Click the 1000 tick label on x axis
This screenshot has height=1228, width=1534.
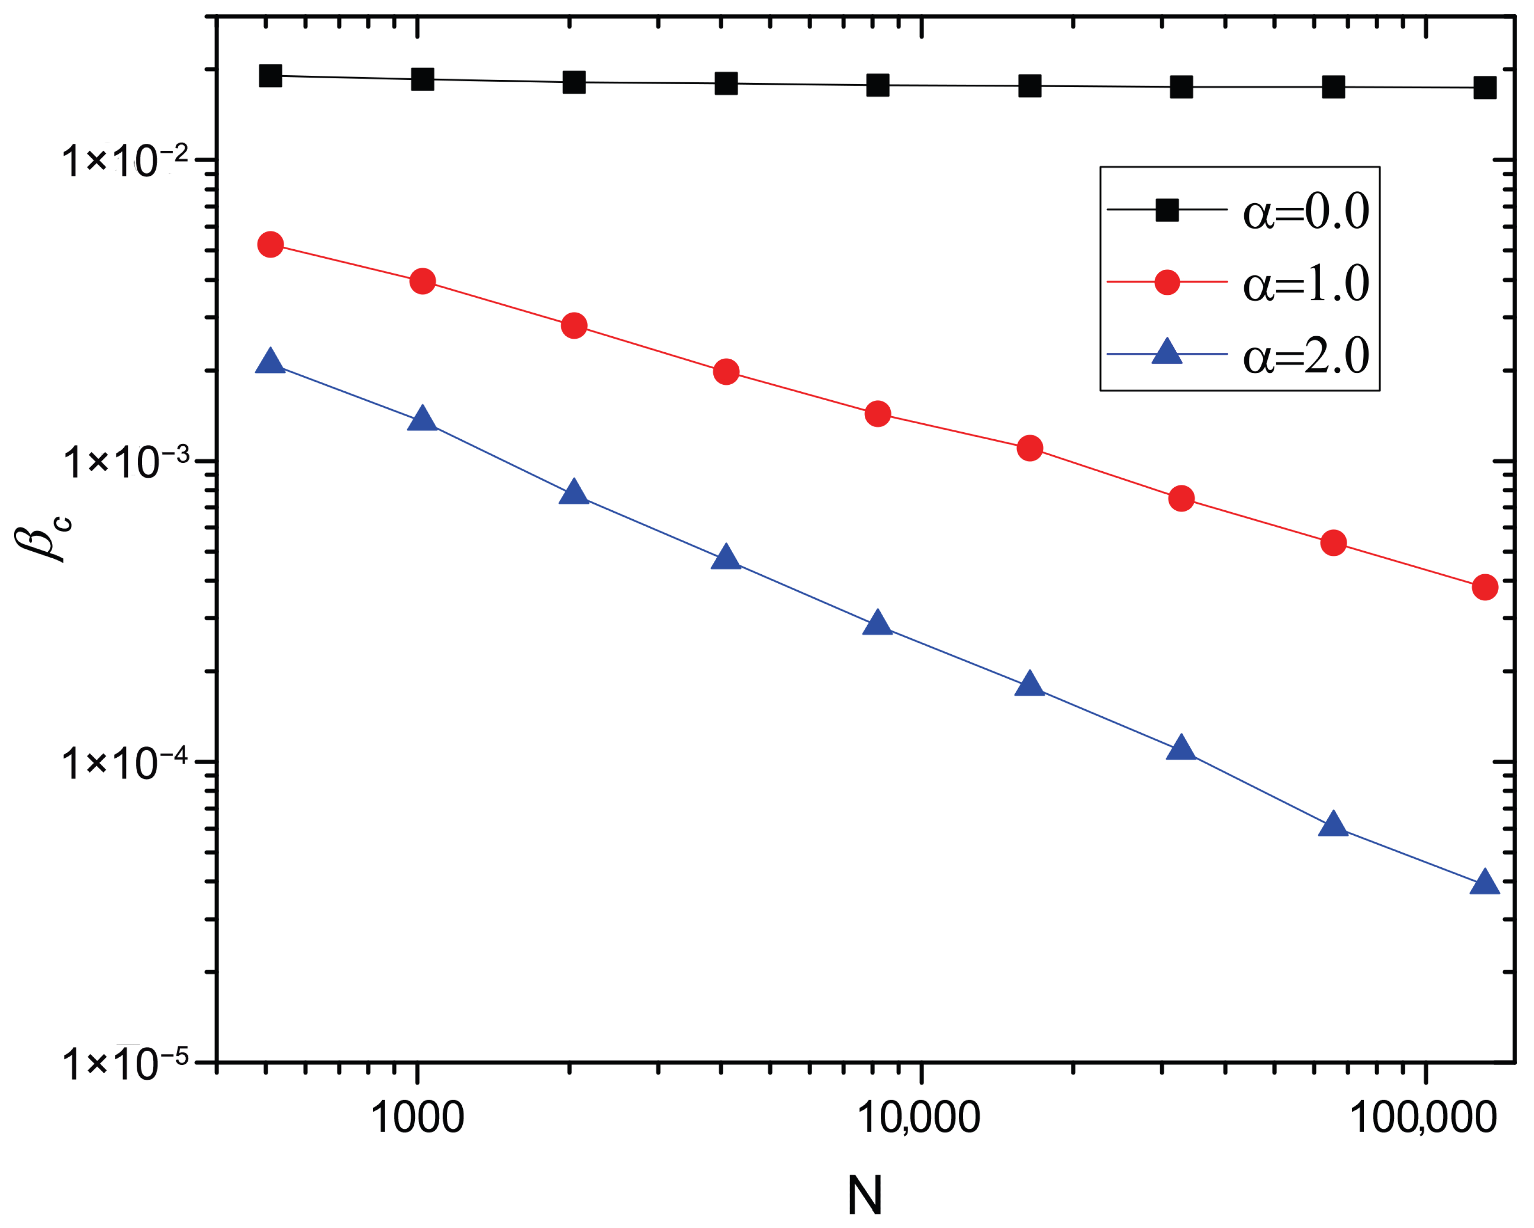point(418,1118)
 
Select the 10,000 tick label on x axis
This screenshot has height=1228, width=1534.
point(920,1118)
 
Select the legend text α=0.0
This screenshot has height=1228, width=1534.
point(1305,211)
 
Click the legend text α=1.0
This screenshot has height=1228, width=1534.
point(1305,283)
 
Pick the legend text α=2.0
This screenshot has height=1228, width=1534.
point(1305,356)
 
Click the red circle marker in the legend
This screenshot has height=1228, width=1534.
point(1167,283)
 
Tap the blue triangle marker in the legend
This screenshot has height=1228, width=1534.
point(1167,352)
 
